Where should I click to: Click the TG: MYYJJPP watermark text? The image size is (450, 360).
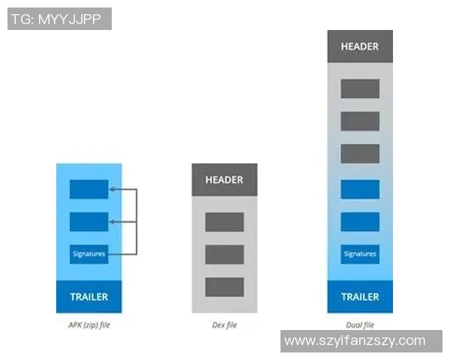pos(59,19)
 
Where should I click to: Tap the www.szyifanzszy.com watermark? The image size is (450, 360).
pos(361,341)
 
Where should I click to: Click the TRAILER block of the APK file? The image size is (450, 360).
pos(88,296)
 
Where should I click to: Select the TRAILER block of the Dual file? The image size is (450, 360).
pos(360,296)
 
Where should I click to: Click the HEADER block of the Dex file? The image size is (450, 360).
pos(224,180)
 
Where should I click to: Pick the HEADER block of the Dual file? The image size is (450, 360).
pos(360,46)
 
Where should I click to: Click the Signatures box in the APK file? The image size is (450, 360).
pos(88,254)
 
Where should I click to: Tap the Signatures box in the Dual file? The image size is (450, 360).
pos(360,254)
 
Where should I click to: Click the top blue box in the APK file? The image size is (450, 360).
pos(88,190)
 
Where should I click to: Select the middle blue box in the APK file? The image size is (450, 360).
pos(88,222)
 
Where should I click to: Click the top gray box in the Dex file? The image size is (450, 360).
pos(224,222)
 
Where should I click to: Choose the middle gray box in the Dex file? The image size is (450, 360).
pos(224,254)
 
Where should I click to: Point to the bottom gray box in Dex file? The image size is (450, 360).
pos(224,286)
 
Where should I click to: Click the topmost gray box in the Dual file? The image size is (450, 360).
pos(360,88)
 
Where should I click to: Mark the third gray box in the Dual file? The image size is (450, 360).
pos(360,154)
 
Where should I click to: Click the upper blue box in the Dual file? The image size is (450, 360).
pos(360,189)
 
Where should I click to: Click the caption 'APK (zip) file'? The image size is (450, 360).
pos(88,325)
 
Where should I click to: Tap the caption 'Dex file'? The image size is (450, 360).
pos(224,325)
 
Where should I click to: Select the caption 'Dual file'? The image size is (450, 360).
pos(360,325)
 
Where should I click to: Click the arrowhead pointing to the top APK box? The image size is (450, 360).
pos(112,190)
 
